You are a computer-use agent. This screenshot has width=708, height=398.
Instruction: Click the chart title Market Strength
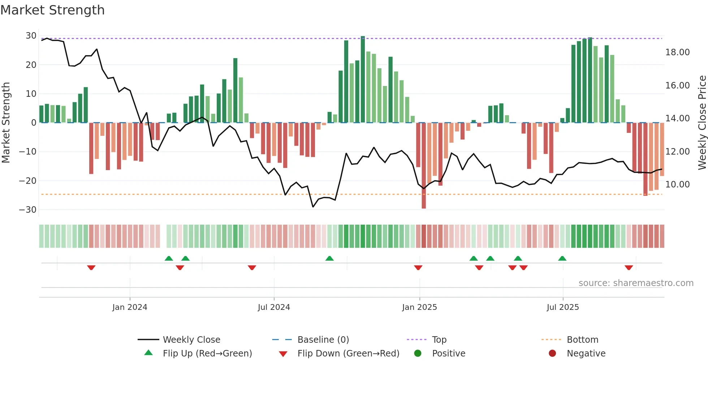coord(52,10)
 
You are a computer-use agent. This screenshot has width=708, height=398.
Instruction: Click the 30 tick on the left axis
coord(31,36)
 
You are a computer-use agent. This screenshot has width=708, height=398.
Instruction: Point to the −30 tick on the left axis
coord(28,209)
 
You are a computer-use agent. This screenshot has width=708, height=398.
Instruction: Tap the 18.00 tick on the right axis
coord(677,52)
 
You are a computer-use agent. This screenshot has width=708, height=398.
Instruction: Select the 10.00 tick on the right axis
coord(677,185)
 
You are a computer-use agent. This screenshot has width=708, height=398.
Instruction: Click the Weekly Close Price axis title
coord(702,123)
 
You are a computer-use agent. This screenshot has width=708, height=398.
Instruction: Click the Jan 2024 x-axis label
coord(130,307)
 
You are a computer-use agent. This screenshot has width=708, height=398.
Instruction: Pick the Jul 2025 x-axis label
coord(562,307)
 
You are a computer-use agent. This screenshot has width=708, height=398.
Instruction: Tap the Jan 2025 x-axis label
coord(419,307)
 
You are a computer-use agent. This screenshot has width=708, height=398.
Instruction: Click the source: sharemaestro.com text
coord(636,283)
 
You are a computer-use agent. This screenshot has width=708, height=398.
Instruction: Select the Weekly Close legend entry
coord(191,340)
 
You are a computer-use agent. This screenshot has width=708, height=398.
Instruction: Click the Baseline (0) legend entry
coord(323,340)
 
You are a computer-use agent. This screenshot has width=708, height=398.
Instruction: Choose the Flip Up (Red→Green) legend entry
coord(207,354)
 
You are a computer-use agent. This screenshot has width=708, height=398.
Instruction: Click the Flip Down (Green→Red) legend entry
coord(348,354)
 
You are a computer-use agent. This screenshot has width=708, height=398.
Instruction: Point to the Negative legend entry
coord(586,354)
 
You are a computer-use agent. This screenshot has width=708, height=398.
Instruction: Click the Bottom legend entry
coord(582,340)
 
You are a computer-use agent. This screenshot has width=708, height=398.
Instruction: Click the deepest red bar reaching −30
coord(424,166)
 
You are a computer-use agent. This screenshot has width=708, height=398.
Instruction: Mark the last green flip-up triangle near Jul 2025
coord(562,259)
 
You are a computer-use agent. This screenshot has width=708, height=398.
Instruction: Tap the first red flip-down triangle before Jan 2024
coord(91,268)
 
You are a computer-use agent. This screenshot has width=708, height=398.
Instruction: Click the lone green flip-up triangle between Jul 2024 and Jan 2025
coord(329,259)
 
